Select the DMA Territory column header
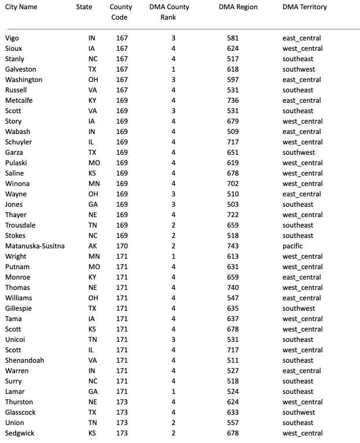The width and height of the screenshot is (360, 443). [x=305, y=7]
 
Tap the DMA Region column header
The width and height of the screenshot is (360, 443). [x=239, y=7]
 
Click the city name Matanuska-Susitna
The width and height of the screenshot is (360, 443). [x=35, y=246]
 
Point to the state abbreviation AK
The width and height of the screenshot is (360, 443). [x=92, y=246]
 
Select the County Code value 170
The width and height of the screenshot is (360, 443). [x=121, y=246]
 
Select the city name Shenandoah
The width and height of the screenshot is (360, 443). [x=24, y=360]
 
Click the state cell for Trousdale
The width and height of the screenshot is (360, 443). [x=92, y=225]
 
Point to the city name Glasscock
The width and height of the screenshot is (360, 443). [x=22, y=412]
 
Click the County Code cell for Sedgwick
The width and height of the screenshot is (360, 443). [x=121, y=433]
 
